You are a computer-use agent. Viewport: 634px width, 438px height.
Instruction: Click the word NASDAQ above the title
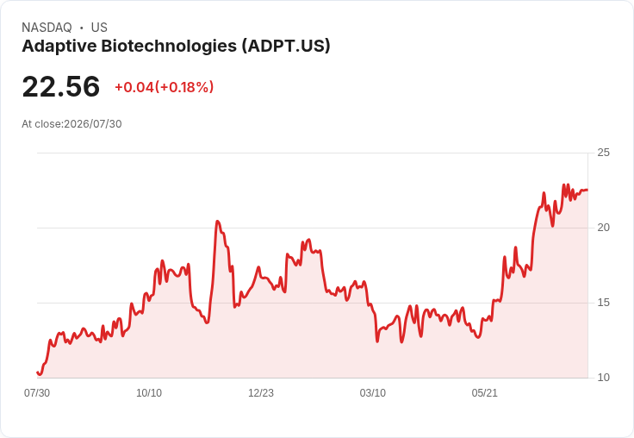47,28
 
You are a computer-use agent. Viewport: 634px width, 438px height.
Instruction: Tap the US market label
99,28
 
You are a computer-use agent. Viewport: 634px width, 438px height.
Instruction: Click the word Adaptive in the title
59,47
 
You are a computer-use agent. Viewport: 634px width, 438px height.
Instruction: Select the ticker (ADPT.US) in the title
286,46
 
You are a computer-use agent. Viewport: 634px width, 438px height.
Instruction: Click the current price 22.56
61,86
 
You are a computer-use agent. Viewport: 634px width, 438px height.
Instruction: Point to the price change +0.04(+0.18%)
165,87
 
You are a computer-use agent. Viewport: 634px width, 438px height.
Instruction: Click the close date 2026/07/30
92,124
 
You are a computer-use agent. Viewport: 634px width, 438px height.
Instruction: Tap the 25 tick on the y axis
603,153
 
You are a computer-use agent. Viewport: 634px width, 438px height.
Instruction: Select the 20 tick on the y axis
603,228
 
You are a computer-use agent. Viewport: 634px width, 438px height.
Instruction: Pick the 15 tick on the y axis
603,303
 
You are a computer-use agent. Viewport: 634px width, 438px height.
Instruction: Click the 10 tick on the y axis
603,378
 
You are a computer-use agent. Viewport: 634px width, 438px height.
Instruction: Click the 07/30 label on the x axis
37,393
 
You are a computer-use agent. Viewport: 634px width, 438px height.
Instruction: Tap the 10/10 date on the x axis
149,393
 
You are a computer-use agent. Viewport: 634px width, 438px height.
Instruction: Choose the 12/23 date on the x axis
261,393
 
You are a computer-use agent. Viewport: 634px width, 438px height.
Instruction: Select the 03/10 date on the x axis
372,393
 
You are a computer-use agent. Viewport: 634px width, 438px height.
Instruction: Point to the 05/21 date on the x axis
484,393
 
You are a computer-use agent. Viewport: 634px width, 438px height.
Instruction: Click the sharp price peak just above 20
218,221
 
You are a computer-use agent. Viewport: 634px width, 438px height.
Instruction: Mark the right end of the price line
587,190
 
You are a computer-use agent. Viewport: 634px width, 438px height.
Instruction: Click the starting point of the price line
37,372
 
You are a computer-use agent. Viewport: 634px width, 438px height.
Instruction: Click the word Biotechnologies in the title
169,47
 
